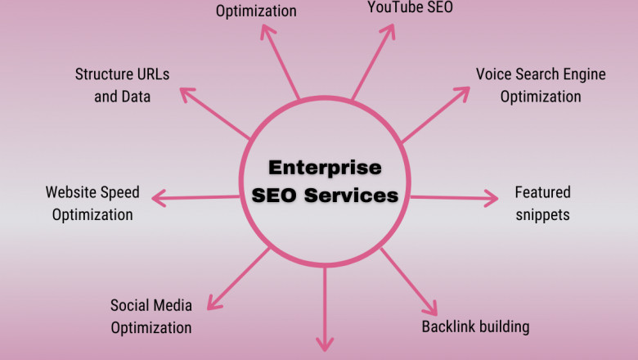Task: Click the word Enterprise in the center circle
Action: pos(326,168)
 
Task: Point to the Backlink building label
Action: pos(475,327)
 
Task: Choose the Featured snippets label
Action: pos(542,204)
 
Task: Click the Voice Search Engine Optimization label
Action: pos(541,85)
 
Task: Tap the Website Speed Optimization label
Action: pos(92,204)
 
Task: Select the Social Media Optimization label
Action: pos(151,317)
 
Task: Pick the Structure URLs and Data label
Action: pos(122,85)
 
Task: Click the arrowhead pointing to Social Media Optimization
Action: pos(213,304)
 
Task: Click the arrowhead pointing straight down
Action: pos(326,345)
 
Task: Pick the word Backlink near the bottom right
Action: pos(448,327)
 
